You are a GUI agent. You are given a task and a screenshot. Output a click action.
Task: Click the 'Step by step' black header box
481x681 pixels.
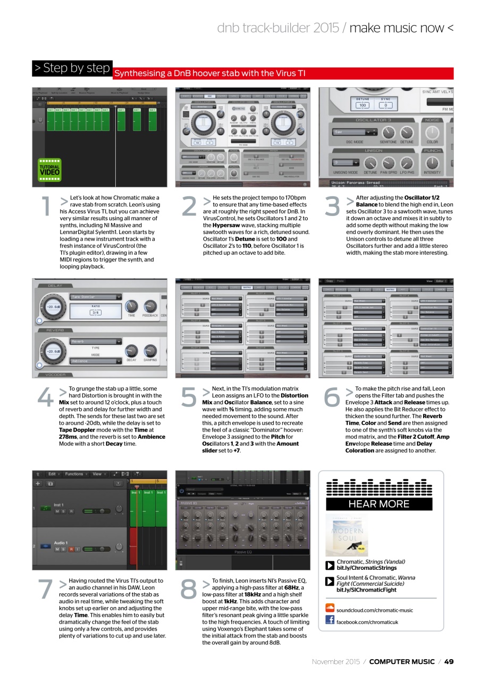pyautogui.click(x=72, y=68)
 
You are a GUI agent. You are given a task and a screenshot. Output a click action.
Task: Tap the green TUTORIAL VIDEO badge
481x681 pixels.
pyautogui.click(x=49, y=170)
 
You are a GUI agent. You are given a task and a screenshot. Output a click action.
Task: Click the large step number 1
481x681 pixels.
pyautogui.click(x=47, y=207)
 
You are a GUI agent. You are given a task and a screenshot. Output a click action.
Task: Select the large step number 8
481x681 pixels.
pyautogui.click(x=189, y=589)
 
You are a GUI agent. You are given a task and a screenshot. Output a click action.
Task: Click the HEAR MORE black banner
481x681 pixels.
pyautogui.click(x=379, y=504)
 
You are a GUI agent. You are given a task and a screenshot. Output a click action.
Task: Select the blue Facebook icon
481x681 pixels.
pyautogui.click(x=330, y=620)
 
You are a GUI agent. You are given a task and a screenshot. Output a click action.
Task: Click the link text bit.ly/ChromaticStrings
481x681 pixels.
pyautogui.click(x=366, y=568)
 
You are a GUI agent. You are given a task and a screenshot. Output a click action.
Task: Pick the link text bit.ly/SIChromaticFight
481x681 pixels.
pyautogui.click(x=366, y=590)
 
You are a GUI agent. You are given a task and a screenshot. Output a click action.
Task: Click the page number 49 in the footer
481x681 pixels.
pyautogui.click(x=449, y=662)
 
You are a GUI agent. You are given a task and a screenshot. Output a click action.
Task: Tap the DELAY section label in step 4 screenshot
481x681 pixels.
pyautogui.click(x=55, y=286)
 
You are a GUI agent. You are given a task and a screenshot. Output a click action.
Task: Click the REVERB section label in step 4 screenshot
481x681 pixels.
pyautogui.click(x=55, y=330)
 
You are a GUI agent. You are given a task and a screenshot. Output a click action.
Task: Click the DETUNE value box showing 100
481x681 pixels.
pyautogui.click(x=362, y=105)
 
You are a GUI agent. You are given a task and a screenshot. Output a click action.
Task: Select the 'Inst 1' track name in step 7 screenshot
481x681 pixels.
pyautogui.click(x=58, y=505)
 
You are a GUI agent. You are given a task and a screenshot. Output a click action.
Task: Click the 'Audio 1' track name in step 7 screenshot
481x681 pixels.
pyautogui.click(x=61, y=543)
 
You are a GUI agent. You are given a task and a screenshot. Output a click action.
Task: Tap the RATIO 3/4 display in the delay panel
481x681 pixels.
pyautogui.click(x=96, y=310)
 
